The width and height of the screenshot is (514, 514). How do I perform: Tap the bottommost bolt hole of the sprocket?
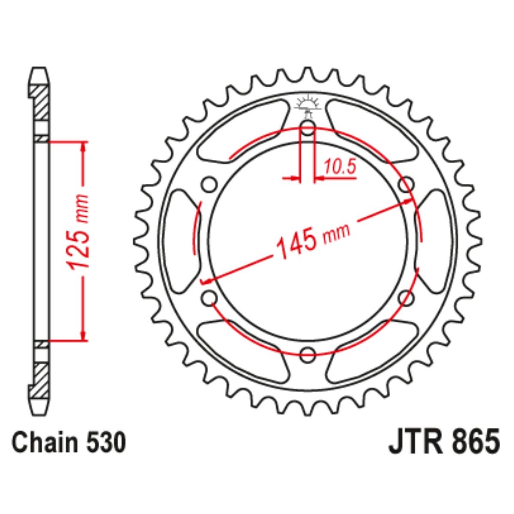click(x=308, y=354)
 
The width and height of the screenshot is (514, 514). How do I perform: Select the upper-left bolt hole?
click(x=209, y=184)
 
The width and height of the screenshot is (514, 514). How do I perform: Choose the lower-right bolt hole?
click(x=406, y=297)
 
